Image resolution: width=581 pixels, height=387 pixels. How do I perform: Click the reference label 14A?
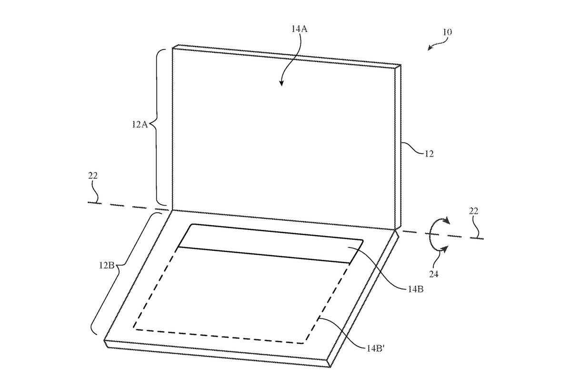coord(299,29)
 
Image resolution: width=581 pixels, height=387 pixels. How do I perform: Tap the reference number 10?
coord(447,32)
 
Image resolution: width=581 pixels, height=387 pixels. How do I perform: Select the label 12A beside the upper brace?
coord(140,125)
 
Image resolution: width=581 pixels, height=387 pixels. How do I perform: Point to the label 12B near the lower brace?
coord(106,265)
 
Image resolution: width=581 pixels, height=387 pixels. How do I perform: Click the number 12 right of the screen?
coord(429,154)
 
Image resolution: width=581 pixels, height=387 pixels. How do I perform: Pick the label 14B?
coord(416,289)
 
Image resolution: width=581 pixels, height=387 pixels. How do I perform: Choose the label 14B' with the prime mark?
coord(375,348)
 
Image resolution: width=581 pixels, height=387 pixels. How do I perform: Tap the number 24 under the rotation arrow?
coord(434,274)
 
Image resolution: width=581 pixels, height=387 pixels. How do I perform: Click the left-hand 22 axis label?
coord(92,176)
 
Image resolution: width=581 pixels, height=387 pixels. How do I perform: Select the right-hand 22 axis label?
coord(473,211)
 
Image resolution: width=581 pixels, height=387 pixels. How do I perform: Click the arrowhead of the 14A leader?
coord(281,83)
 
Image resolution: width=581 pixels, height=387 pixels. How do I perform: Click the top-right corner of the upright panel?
coord(401,65)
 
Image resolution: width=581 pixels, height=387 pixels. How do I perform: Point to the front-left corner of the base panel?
coord(104,341)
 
